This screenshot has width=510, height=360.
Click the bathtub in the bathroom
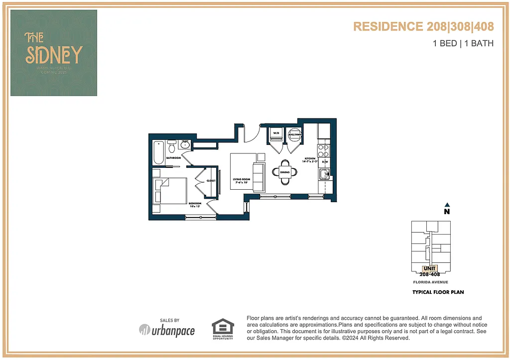pyautogui.click(x=159, y=152)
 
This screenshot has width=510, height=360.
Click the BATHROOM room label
pyautogui.click(x=173, y=158)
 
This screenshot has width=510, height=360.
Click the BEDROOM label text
pyautogui.click(x=195, y=204)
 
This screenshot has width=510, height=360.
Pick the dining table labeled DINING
pyautogui.click(x=284, y=172)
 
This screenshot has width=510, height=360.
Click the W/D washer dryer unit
pyautogui.click(x=275, y=135)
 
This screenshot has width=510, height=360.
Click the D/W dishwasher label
pyautogui.click(x=324, y=162)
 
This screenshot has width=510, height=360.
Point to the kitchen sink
pyautogui.click(x=324, y=174)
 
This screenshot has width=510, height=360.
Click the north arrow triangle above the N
pyautogui.click(x=447, y=204)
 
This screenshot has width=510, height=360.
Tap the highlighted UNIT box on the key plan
pyautogui.click(x=429, y=269)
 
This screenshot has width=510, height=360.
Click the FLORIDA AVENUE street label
pyautogui.click(x=430, y=282)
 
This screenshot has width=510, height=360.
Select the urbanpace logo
pyautogui.click(x=167, y=330)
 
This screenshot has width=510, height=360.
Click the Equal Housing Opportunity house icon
pyautogui.click(x=223, y=327)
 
